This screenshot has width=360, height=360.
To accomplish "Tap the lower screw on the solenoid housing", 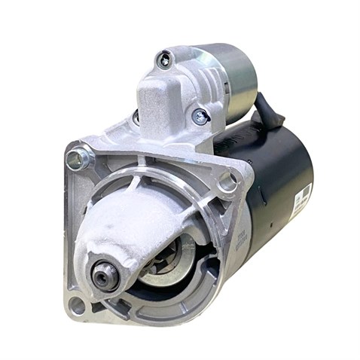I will [200, 116].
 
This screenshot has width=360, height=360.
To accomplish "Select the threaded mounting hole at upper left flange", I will [77, 159].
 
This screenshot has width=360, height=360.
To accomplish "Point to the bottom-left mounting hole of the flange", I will [77, 305].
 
